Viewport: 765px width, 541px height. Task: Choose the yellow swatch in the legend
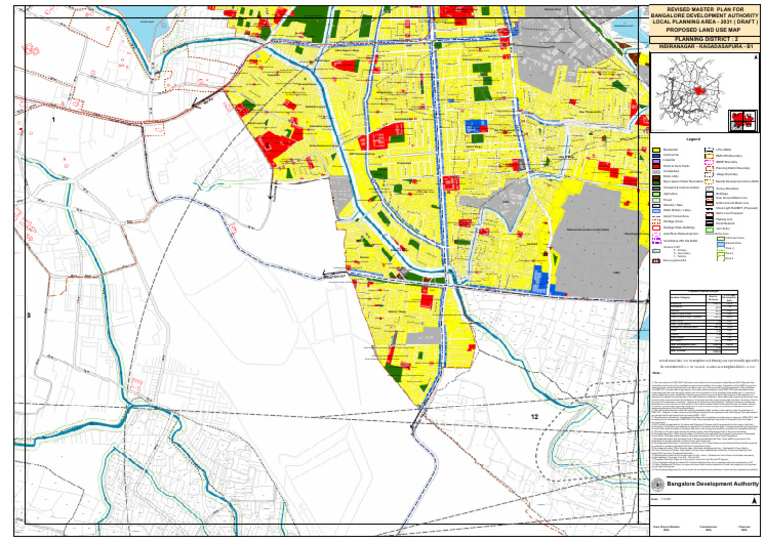click(x=657, y=149)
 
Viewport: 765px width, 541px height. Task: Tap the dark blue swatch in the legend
click(x=657, y=156)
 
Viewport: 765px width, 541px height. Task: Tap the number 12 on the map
click(x=535, y=415)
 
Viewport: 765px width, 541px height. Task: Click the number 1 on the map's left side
click(x=53, y=120)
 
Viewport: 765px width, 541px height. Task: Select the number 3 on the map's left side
click(x=29, y=316)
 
